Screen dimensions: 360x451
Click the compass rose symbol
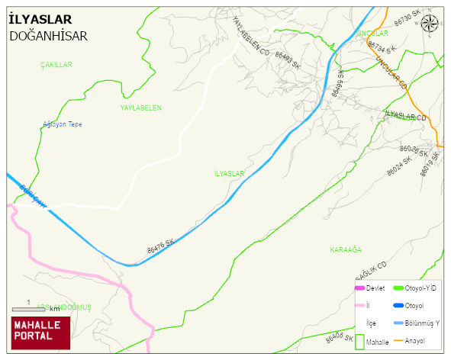tap(429, 24)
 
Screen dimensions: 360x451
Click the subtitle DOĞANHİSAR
tap(49, 35)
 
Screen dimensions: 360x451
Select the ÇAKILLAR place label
tap(56, 66)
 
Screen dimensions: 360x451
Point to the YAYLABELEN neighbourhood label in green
tap(141, 108)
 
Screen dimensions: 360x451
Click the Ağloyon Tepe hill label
tap(63, 124)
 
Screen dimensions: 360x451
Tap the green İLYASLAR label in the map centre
tap(230, 174)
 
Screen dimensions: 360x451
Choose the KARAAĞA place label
tap(345, 250)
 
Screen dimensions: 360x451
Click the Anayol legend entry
tap(414, 340)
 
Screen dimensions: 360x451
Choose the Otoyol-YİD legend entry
tap(420, 288)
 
